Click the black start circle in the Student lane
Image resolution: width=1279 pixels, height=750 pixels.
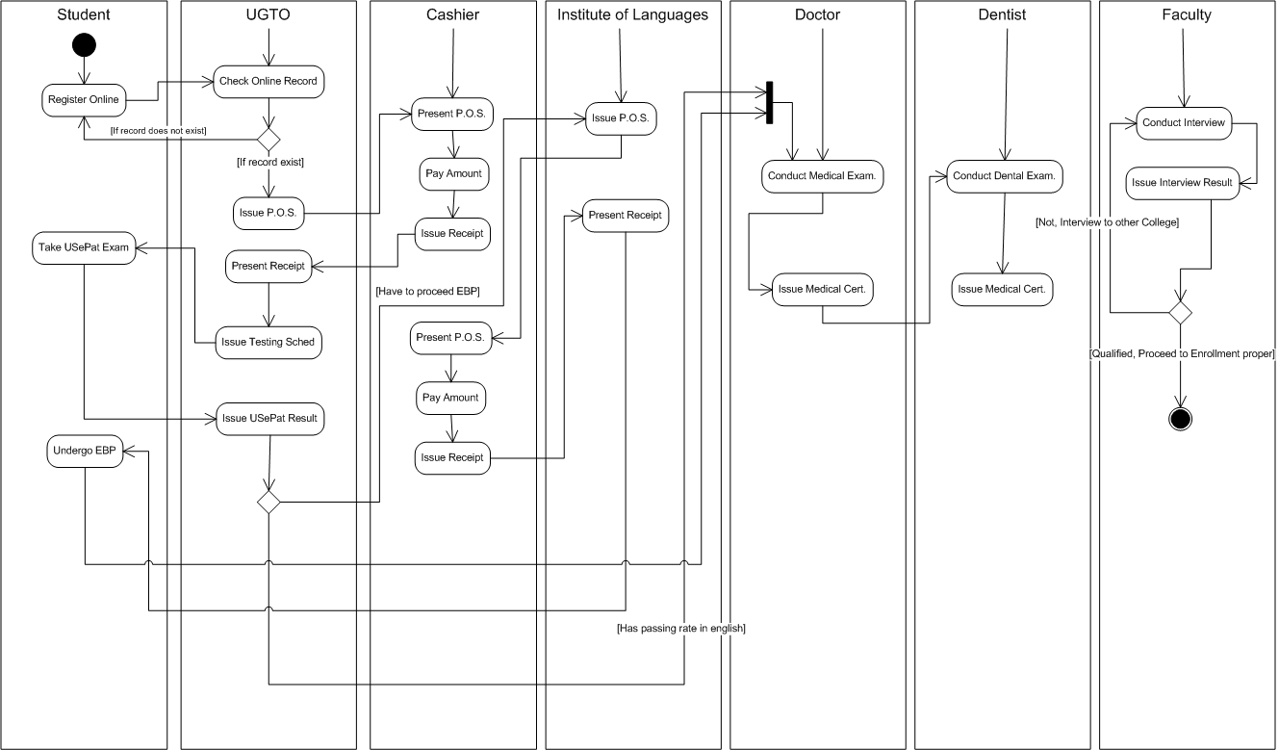click(x=84, y=45)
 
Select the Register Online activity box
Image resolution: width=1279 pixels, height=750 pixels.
click(x=84, y=99)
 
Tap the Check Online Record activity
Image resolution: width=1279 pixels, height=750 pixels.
click(x=268, y=81)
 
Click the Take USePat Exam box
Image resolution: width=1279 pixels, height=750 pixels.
click(x=84, y=247)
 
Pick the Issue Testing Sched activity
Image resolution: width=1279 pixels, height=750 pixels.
click(x=268, y=342)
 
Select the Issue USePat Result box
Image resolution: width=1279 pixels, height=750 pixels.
click(x=269, y=419)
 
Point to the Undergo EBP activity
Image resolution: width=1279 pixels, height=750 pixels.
click(x=85, y=452)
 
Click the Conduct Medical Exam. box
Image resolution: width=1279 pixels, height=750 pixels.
click(x=823, y=176)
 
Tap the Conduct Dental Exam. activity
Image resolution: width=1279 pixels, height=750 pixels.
click(x=1005, y=176)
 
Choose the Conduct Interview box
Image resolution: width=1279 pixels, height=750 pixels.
click(x=1183, y=123)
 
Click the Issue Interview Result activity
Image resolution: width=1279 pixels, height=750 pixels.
click(x=1182, y=183)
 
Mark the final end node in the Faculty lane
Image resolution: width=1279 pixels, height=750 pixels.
click(x=1180, y=418)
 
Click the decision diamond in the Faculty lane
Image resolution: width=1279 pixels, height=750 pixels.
click(x=1180, y=312)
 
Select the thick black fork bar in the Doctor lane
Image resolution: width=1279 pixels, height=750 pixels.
click(x=769, y=104)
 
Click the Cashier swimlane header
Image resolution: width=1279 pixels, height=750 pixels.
click(x=452, y=14)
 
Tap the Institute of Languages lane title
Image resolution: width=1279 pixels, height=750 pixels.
click(x=632, y=14)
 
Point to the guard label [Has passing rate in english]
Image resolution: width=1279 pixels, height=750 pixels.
click(x=681, y=628)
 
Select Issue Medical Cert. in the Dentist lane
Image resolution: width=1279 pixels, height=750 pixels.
click(x=1002, y=289)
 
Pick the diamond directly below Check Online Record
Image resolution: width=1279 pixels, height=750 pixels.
click(x=268, y=135)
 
